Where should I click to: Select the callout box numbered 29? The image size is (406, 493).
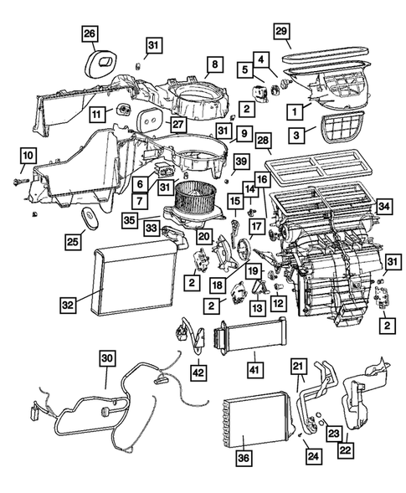tap(282, 31)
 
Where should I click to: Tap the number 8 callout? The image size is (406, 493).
tap(214, 64)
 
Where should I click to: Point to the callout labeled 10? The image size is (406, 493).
tap(28, 155)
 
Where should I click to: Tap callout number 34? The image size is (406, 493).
tap(384, 205)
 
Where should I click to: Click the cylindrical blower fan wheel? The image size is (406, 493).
tap(193, 202)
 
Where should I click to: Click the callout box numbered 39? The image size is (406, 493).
tap(241, 160)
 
